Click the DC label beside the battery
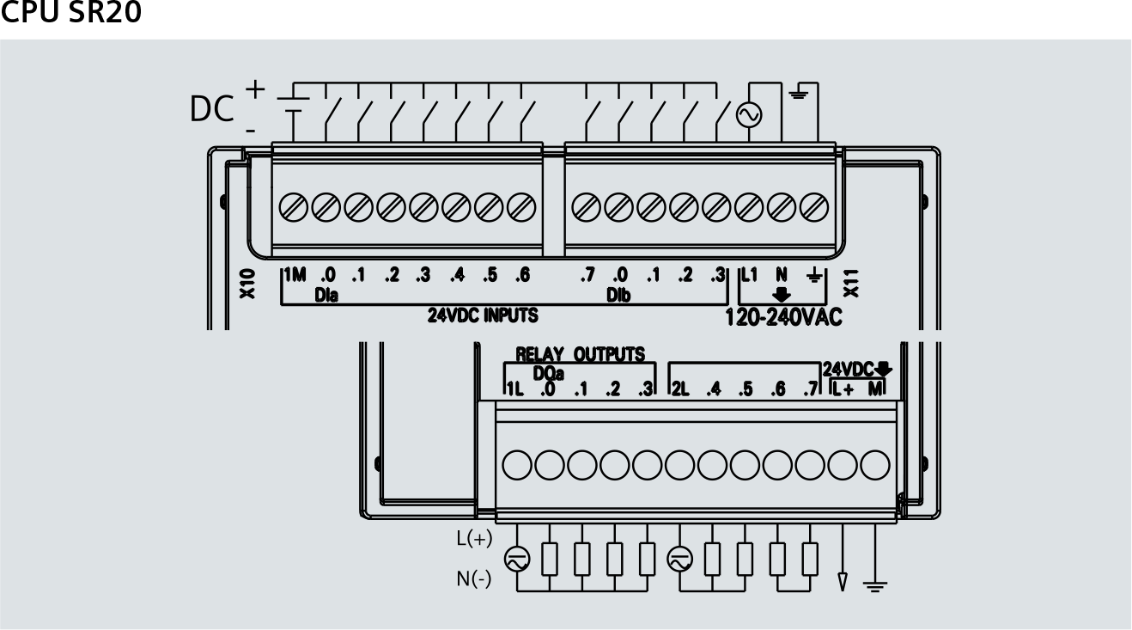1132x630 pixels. pos(211,109)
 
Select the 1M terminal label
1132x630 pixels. pos(295,275)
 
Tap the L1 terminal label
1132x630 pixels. pos(749,275)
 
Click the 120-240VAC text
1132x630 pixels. pos(784,317)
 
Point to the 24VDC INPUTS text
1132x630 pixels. pos(483,315)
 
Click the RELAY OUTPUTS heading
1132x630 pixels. pos(580,354)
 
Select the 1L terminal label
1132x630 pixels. pos(514,389)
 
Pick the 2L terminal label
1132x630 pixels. pos(679,389)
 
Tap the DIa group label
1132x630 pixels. pos(326,295)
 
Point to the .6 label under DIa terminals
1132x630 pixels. pos(521,275)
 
